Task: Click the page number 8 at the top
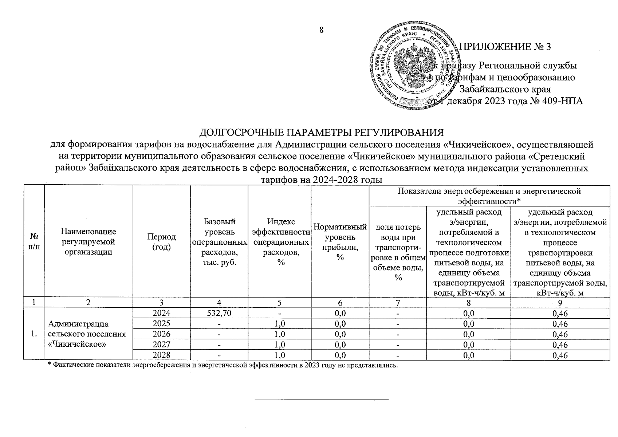click(x=322, y=30)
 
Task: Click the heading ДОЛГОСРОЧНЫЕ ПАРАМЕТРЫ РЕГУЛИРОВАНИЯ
click(x=322, y=132)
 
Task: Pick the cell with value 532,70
click(x=219, y=313)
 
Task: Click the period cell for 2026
click(x=161, y=334)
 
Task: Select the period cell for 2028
click(x=161, y=355)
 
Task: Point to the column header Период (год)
click(x=161, y=241)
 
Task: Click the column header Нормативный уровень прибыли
click(x=340, y=242)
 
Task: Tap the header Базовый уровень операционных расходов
click(x=219, y=242)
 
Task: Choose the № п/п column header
click(x=34, y=241)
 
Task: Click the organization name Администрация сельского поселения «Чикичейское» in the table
click(x=87, y=334)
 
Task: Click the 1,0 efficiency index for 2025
click(x=279, y=323)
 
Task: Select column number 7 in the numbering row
click(x=398, y=302)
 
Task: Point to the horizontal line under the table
click(x=322, y=399)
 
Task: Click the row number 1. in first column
click(x=34, y=334)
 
